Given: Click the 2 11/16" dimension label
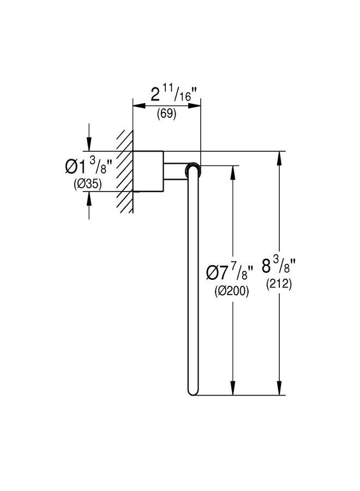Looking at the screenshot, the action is [x=175, y=94].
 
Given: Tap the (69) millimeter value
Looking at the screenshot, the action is [x=166, y=113].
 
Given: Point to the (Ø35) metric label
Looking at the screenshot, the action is [x=88, y=184].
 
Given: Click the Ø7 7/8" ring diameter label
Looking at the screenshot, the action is [x=229, y=273].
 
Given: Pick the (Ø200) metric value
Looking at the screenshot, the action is [x=232, y=291].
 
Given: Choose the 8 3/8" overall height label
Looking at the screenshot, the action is [x=279, y=266].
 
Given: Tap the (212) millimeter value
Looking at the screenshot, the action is [x=279, y=284].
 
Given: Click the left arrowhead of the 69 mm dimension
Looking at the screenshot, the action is [x=139, y=106].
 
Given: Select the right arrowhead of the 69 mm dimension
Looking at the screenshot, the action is [x=194, y=106].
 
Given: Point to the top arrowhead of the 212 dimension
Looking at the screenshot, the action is [x=279, y=158].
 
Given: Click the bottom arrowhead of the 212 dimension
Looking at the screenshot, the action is [x=279, y=388].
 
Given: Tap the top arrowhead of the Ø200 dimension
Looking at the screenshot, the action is [x=232, y=172].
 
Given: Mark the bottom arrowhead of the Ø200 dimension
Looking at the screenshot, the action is [x=232, y=388].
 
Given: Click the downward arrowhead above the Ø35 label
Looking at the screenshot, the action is [x=89, y=145].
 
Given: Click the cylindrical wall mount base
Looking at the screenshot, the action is [x=148, y=171].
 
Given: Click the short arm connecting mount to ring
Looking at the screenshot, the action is [x=176, y=171].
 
